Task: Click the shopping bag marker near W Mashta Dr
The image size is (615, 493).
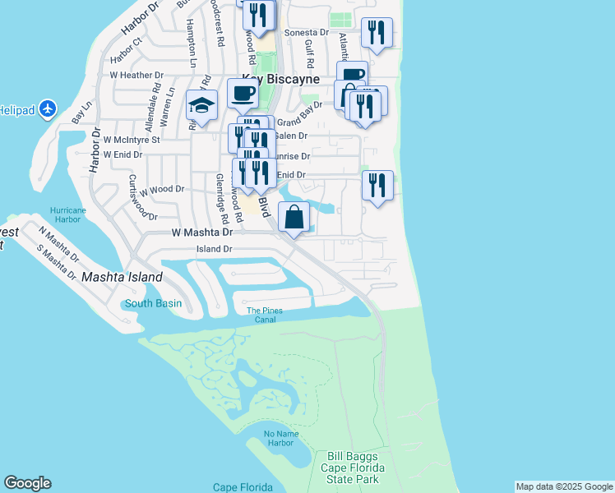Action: tap(295, 218)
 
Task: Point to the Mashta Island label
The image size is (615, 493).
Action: tap(122, 278)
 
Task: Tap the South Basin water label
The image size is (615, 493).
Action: tap(153, 304)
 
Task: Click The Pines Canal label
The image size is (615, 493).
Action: tap(265, 315)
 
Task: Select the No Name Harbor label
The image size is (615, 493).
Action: tap(279, 438)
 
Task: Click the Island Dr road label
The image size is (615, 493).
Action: tap(215, 249)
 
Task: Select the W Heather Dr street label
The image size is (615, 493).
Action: tap(136, 75)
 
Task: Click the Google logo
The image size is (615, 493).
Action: tap(27, 483)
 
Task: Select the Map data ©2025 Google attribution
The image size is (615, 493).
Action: tap(564, 486)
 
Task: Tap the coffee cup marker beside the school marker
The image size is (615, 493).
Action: tap(243, 94)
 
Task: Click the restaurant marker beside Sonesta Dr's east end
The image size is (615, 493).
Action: tap(377, 33)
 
